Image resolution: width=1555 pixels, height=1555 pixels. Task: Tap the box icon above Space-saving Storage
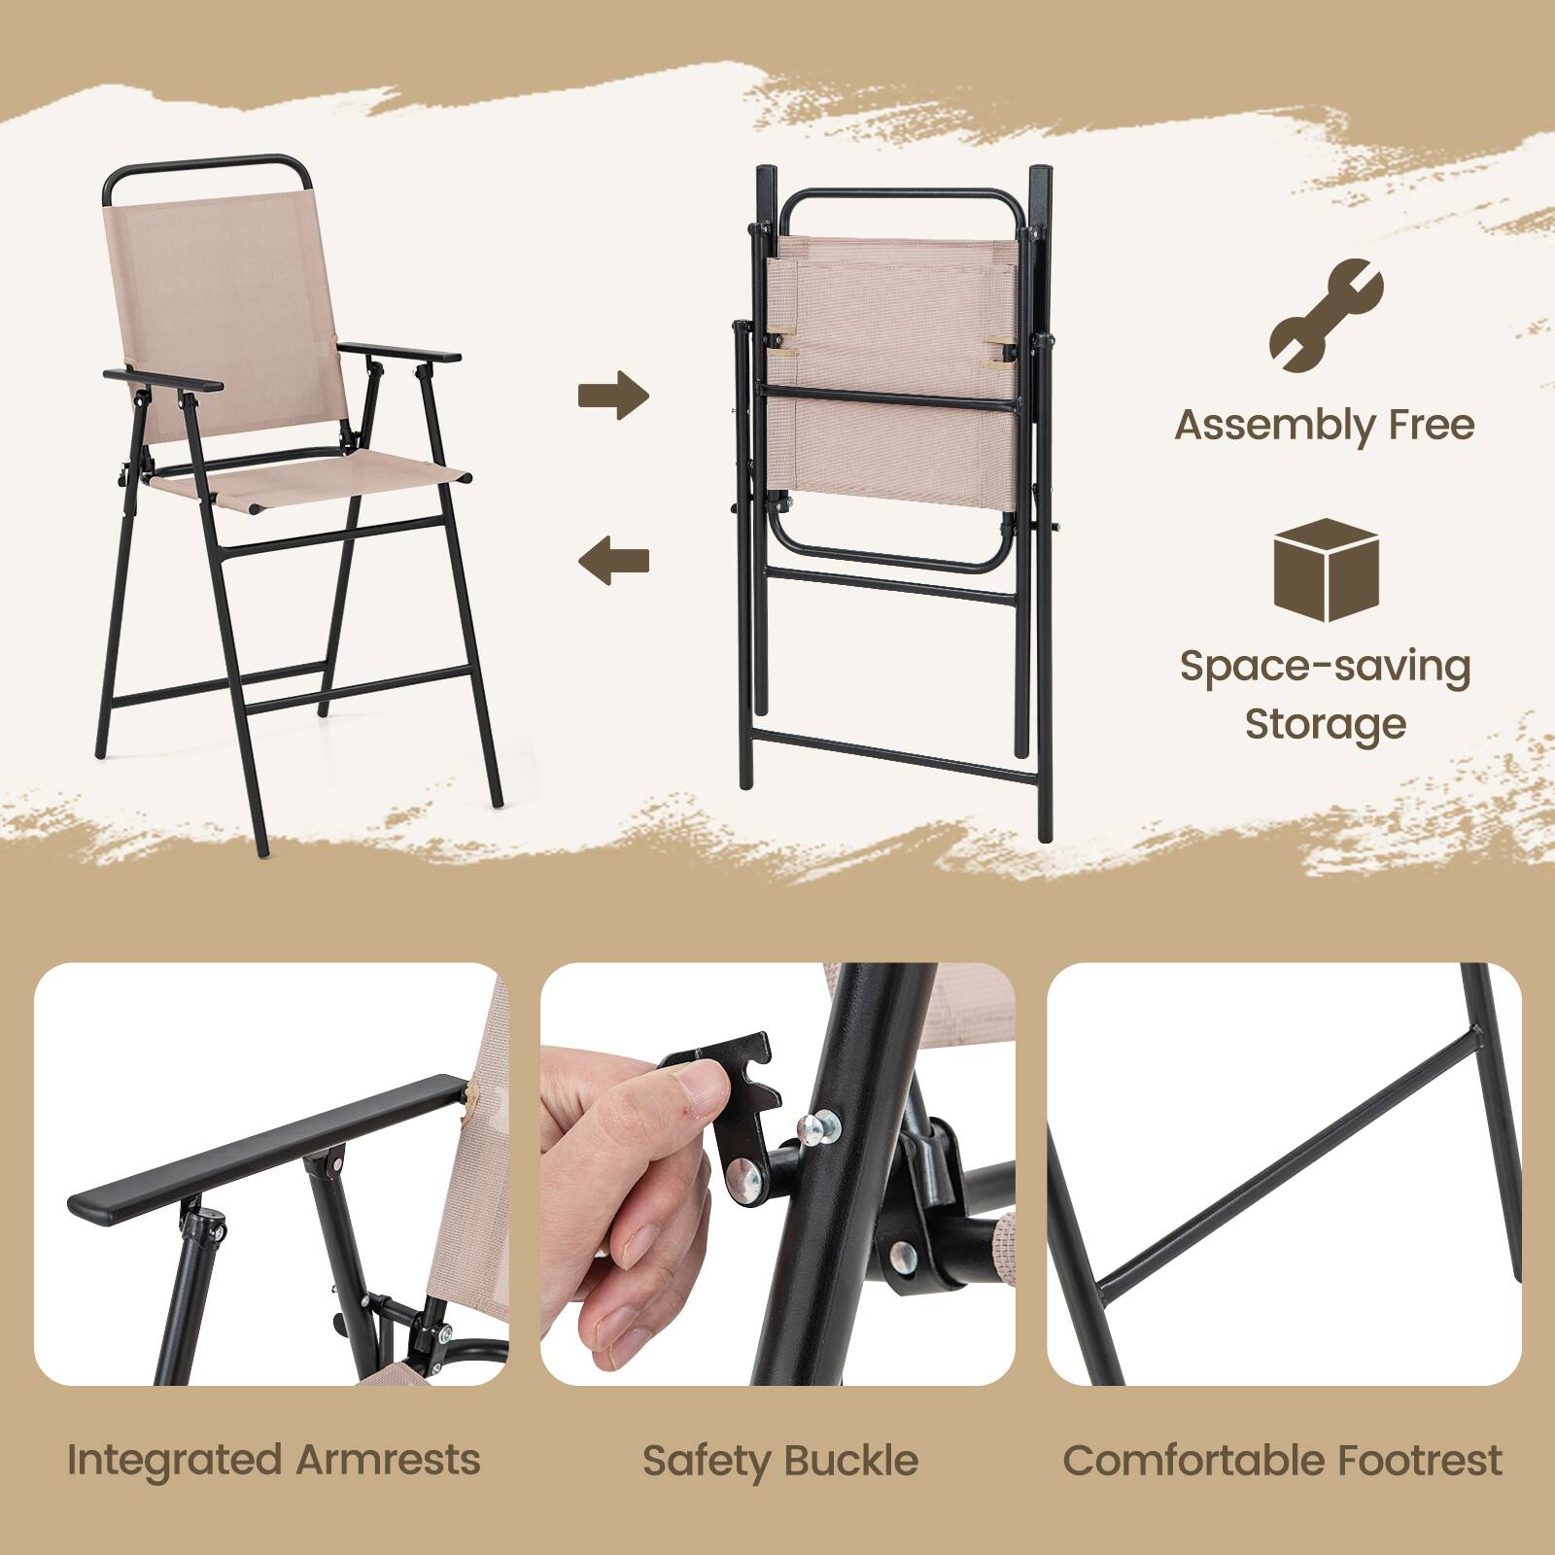[1326, 571]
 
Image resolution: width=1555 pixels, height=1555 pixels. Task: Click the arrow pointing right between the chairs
[613, 395]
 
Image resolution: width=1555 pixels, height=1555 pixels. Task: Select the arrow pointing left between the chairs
[613, 560]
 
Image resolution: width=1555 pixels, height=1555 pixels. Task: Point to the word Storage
[1326, 724]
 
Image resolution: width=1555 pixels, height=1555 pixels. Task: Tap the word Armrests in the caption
[389, 1460]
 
